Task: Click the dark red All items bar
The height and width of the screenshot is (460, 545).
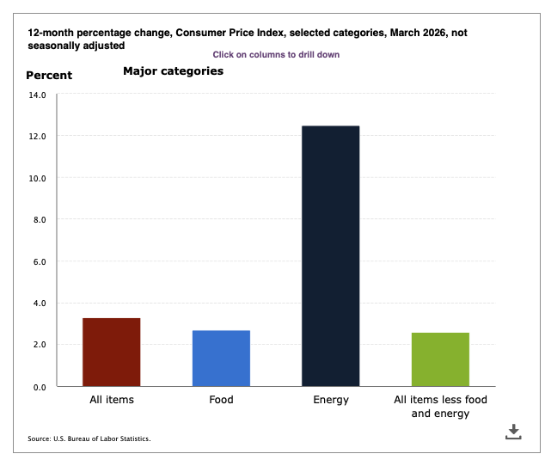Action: click(111, 352)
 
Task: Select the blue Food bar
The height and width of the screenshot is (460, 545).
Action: click(221, 358)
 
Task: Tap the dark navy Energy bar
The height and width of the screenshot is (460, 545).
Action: click(330, 255)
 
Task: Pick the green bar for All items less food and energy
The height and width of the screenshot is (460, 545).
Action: click(440, 359)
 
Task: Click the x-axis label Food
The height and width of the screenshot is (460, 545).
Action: click(221, 400)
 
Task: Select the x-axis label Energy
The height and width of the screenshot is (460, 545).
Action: click(330, 400)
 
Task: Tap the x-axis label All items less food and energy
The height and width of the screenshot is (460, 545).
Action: click(440, 407)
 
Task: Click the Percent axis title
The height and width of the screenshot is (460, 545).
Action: click(49, 75)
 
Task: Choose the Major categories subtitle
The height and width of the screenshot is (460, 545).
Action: click(173, 71)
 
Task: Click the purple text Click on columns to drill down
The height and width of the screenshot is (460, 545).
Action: click(276, 54)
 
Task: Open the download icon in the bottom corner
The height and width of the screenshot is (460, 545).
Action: click(513, 432)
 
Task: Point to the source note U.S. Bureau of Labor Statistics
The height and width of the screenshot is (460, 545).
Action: click(89, 439)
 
